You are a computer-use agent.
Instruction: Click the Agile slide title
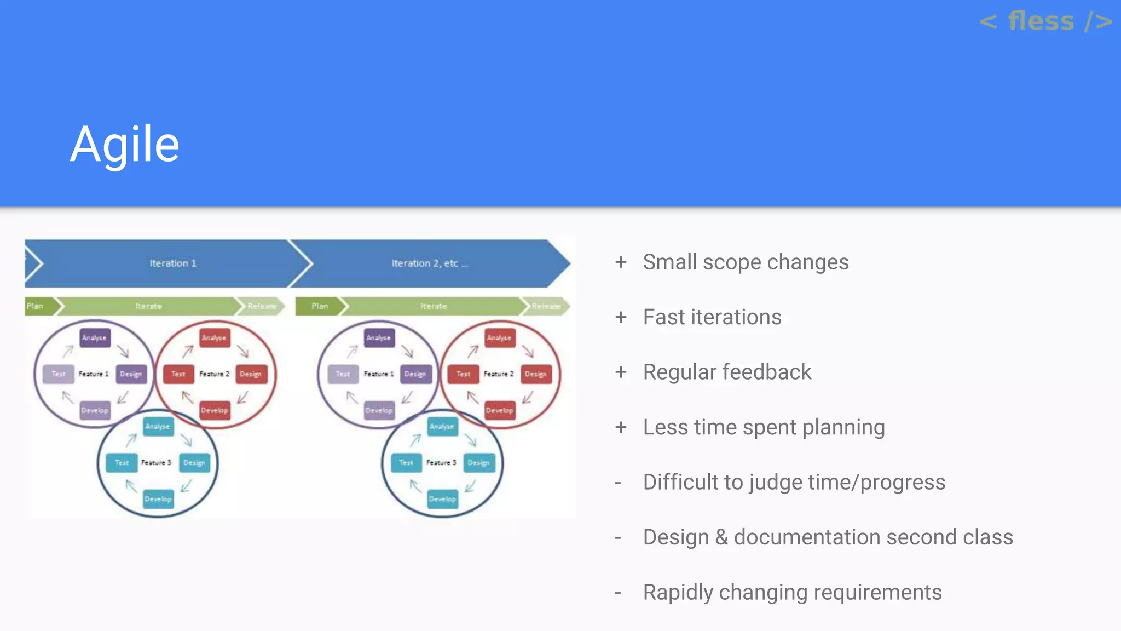point(125,144)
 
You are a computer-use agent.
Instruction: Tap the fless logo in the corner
point(1045,22)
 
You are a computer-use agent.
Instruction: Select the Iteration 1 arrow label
point(173,263)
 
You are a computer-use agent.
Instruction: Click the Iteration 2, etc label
point(430,263)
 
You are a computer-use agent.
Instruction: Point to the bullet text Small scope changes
point(746,262)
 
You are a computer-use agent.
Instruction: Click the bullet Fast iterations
point(712,317)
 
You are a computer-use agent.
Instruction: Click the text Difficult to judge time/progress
point(794,483)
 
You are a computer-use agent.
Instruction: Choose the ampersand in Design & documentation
point(721,537)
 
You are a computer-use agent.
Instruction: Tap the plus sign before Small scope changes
point(621,262)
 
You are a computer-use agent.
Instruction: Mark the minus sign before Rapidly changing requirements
point(618,593)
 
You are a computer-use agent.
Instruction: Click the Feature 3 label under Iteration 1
point(156,463)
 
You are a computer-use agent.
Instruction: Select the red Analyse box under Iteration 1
point(214,338)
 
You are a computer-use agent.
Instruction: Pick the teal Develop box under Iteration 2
point(442,499)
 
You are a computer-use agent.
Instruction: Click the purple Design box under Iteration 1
point(131,374)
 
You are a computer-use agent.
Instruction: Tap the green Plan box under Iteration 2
point(319,306)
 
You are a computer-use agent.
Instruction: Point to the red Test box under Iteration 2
point(463,374)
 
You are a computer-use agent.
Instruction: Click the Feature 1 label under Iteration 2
point(379,374)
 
